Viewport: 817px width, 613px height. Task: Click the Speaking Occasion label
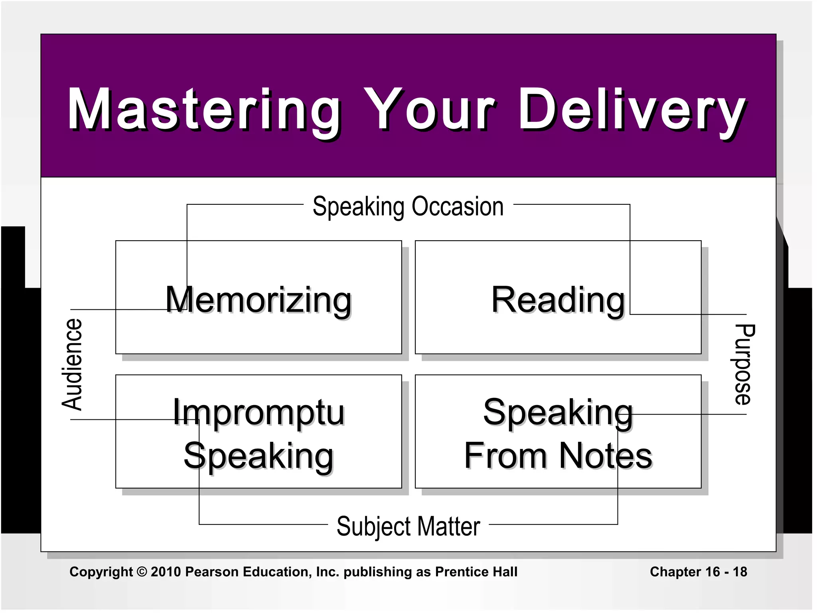pos(408,207)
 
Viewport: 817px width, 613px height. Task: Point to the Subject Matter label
pos(408,526)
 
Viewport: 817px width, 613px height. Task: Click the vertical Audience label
pos(72,364)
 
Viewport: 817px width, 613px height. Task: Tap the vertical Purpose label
pos(744,364)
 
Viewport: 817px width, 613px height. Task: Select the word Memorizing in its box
pos(259,300)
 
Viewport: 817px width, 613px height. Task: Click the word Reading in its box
pos(558,300)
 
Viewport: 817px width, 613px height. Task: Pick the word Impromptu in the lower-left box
pos(259,412)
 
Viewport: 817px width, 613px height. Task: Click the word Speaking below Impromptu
pos(259,456)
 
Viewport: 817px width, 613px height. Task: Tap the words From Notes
pos(558,456)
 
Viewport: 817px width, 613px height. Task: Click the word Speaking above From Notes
pos(558,412)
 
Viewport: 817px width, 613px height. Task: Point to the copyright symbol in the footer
pos(142,572)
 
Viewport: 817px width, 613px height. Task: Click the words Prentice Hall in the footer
pos(476,572)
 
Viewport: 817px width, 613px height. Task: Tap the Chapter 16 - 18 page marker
pos(698,572)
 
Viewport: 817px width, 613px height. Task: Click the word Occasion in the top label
pos(458,207)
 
